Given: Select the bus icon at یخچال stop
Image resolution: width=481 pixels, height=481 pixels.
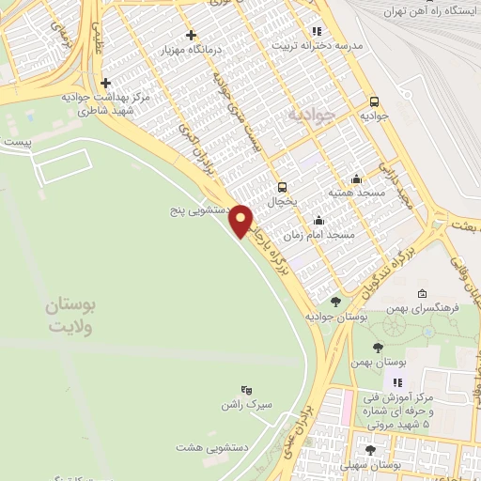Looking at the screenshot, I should [x=281, y=186].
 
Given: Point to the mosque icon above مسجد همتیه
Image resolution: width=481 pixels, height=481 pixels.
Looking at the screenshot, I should [x=356, y=178].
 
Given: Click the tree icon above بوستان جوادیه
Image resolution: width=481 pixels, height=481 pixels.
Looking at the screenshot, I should [x=336, y=302].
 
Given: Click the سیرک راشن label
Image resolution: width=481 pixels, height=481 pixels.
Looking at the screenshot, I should [x=253, y=405].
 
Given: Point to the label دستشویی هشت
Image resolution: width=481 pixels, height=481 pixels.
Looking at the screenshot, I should [x=216, y=449].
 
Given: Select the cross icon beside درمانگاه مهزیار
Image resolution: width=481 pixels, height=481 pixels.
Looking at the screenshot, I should [x=191, y=36].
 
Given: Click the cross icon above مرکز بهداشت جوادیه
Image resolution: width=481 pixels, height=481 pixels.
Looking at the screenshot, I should [x=105, y=83].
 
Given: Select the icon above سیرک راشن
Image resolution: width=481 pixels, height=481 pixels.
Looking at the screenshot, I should [x=246, y=389].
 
